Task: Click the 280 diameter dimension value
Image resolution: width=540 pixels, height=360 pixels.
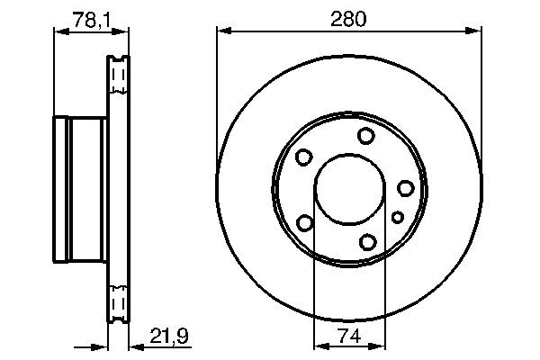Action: pyautogui.click(x=348, y=19)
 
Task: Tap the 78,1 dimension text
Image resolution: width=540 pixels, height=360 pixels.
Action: pyautogui.click(x=91, y=20)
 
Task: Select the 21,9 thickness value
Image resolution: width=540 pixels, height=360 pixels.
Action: pyautogui.click(x=169, y=336)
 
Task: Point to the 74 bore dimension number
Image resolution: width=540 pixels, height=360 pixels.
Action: pyautogui.click(x=349, y=336)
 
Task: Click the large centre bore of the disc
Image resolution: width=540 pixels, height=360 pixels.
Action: pyautogui.click(x=349, y=189)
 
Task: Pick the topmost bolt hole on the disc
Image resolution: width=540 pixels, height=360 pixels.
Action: pyautogui.click(x=365, y=136)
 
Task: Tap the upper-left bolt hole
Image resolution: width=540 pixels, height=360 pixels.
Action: pyautogui.click(x=304, y=157)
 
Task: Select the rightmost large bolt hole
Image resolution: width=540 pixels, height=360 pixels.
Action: pyautogui.click(x=406, y=188)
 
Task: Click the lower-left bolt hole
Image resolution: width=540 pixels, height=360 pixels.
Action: pyautogui.click(x=305, y=222)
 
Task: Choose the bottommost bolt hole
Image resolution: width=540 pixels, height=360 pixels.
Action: pyautogui.click(x=367, y=242)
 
